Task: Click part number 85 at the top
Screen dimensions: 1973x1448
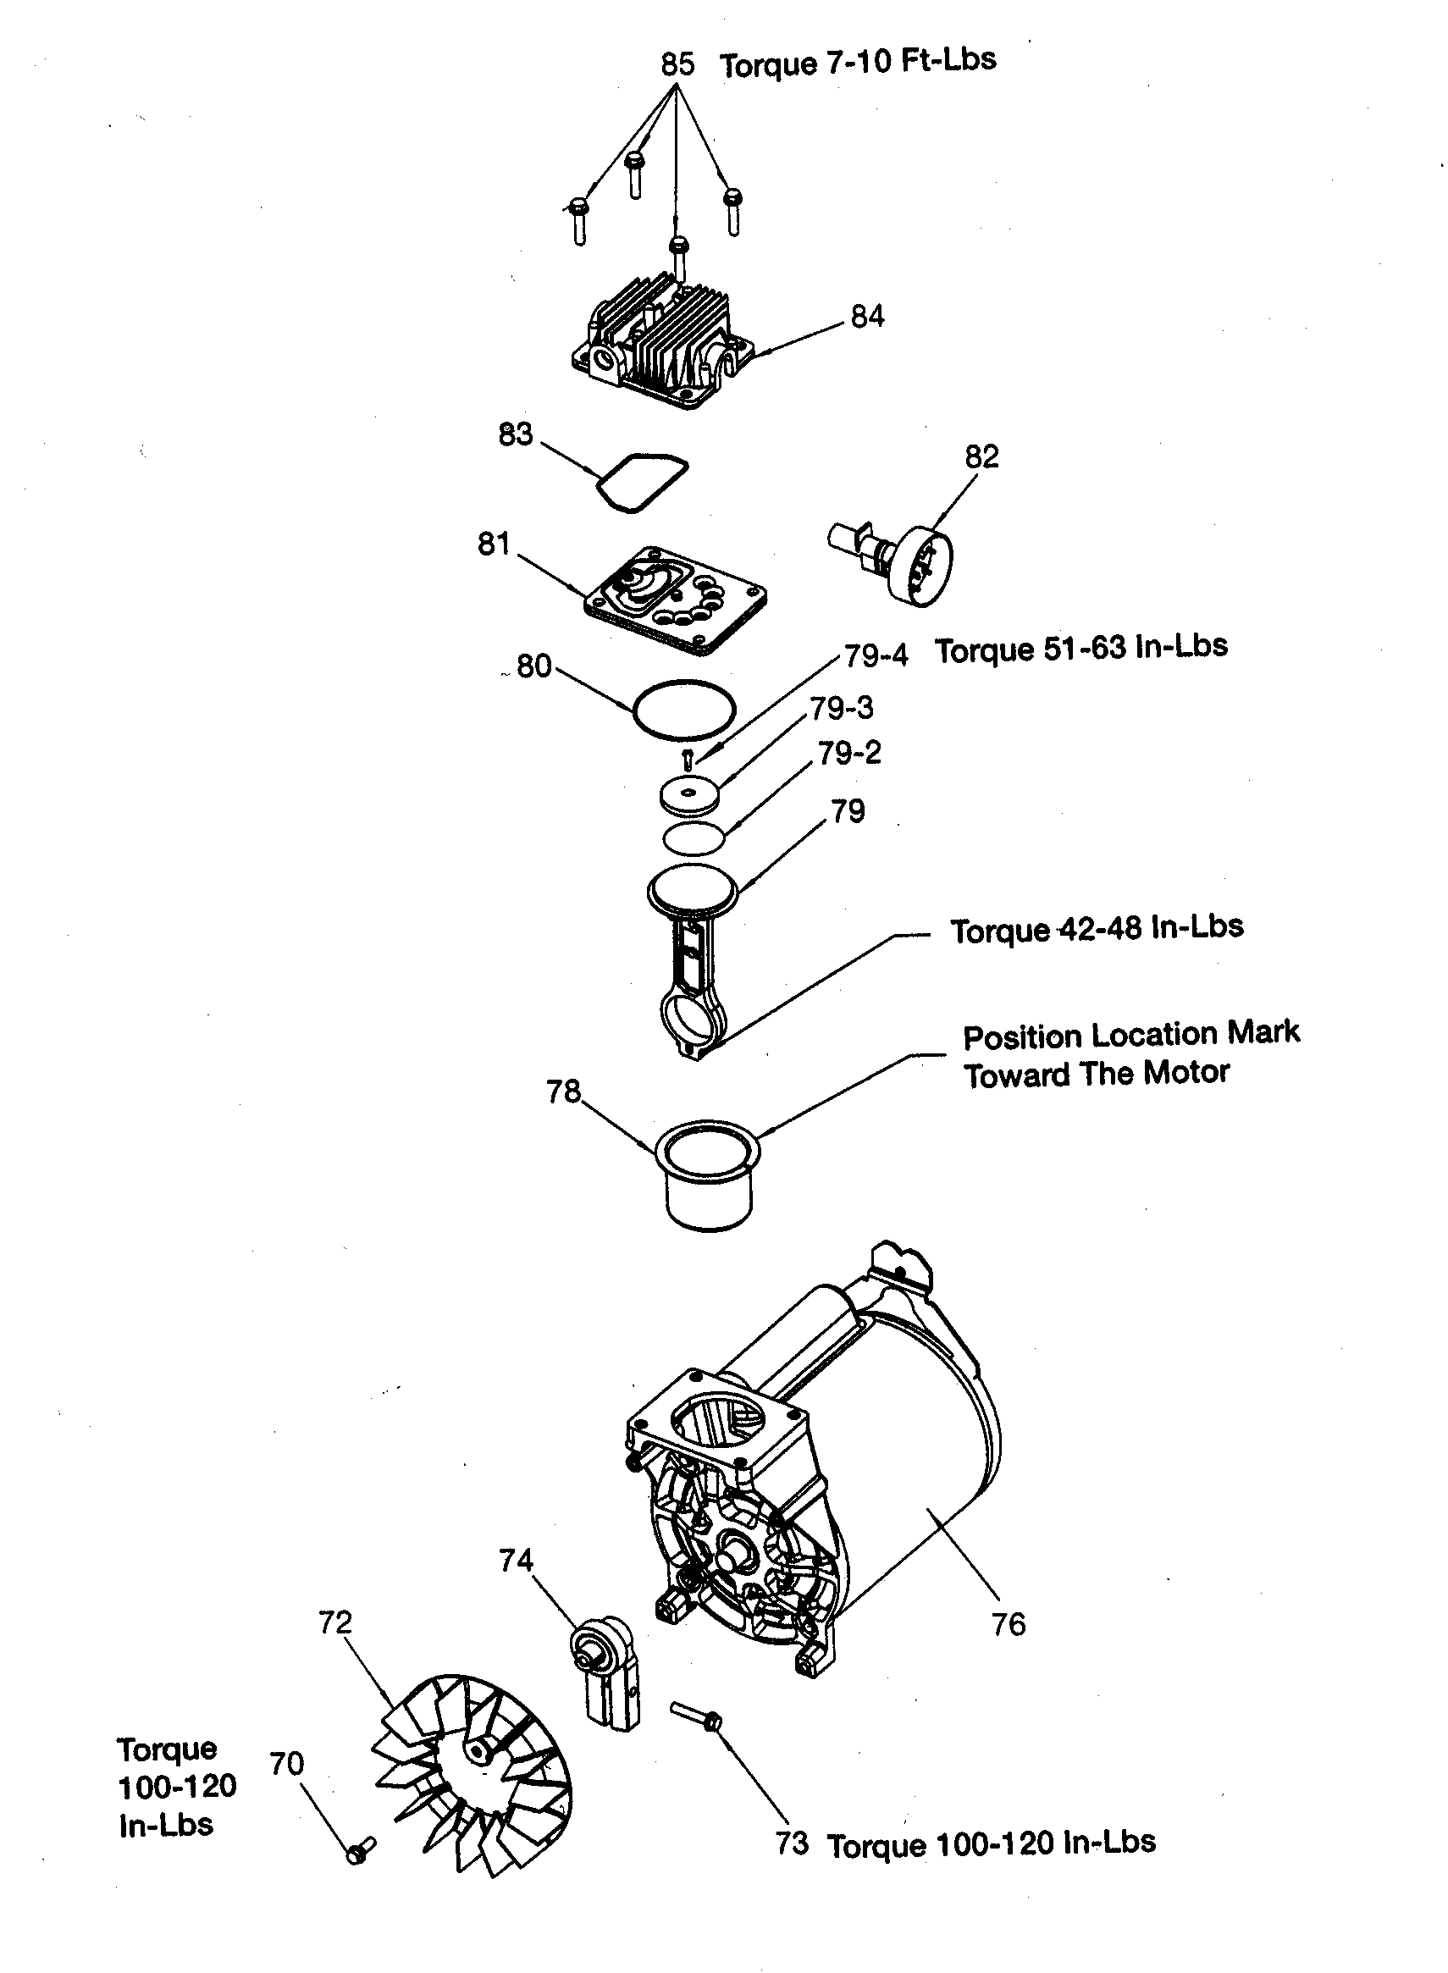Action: point(677,64)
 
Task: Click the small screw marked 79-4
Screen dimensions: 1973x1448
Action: point(688,759)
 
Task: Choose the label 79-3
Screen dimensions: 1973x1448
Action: point(842,708)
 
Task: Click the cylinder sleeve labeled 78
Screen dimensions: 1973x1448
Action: point(708,1175)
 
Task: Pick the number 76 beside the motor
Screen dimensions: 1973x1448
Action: point(1008,1624)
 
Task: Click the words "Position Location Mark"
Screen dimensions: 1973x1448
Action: point(1130,1035)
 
